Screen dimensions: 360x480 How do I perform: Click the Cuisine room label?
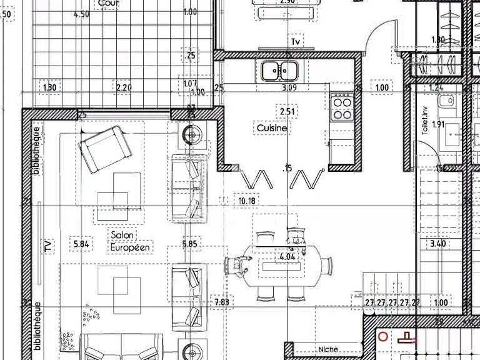272,128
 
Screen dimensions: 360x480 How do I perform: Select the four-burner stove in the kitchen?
342,106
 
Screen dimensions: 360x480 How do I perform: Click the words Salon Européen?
131,241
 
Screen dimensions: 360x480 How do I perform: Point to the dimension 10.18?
247,201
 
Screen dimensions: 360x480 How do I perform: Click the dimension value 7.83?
222,302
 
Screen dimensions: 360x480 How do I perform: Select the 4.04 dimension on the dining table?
287,256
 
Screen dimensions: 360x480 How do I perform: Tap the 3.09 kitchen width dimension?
289,88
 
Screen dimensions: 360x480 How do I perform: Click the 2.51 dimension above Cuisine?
287,111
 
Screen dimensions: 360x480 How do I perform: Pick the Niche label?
327,349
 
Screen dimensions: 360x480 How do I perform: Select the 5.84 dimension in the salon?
82,244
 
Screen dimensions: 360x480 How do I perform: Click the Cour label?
108,3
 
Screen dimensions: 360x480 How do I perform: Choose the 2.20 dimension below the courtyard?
124,87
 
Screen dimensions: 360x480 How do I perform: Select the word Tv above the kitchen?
296,42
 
